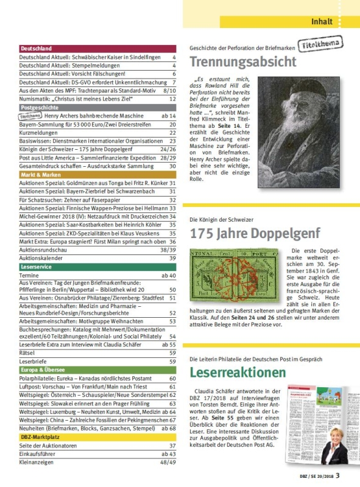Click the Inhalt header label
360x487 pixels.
pos(322,22)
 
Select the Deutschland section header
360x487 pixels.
pos(37,48)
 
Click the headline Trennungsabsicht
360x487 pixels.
pos(243,61)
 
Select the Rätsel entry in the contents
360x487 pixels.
pos(28,352)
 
